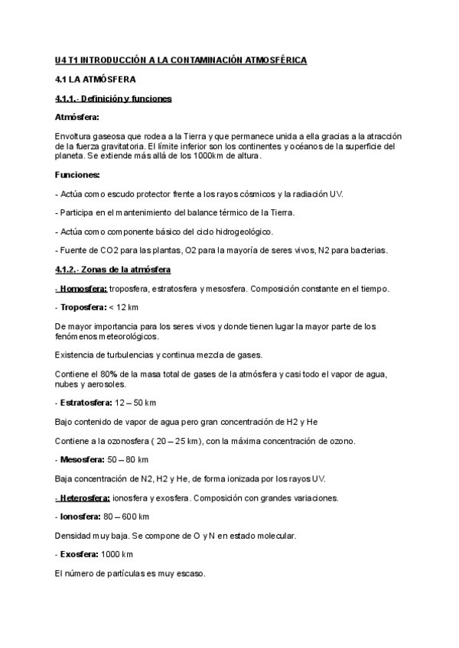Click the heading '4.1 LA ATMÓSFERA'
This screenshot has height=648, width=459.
tap(96, 79)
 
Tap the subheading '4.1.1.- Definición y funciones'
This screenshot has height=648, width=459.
tap(113, 99)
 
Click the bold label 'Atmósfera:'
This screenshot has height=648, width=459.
tap(77, 117)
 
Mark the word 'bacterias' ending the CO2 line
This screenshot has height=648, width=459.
tap(370, 250)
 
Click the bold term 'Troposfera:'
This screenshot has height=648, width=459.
tap(83, 307)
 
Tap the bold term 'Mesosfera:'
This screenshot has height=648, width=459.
tap(82, 459)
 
